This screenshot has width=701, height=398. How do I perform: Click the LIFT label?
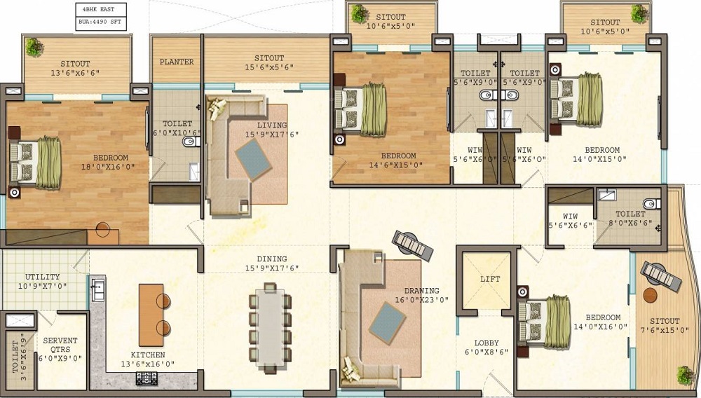click(490, 279)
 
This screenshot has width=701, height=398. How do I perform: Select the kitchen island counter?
click(151, 315)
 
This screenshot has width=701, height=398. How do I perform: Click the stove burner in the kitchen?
click(147, 378)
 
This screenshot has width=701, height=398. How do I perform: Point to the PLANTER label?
click(177, 62)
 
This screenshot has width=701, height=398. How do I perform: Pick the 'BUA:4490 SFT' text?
click(100, 22)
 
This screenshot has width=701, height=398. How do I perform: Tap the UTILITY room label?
click(43, 277)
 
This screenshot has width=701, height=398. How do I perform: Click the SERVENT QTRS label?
click(60, 345)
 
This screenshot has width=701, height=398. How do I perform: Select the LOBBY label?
click(486, 343)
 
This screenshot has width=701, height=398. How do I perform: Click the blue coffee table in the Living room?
click(253, 160)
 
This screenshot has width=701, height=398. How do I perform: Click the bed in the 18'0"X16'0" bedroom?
click(35, 163)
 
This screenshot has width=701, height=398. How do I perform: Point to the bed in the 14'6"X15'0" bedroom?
click(360, 109)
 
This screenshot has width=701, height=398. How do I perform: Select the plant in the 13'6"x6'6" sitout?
click(34, 47)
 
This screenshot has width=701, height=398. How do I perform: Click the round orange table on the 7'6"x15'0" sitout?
click(650, 295)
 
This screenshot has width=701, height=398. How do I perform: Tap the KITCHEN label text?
click(148, 355)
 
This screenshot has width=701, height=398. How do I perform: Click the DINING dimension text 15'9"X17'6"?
click(272, 268)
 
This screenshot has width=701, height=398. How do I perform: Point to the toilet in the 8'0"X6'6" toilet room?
click(651, 204)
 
